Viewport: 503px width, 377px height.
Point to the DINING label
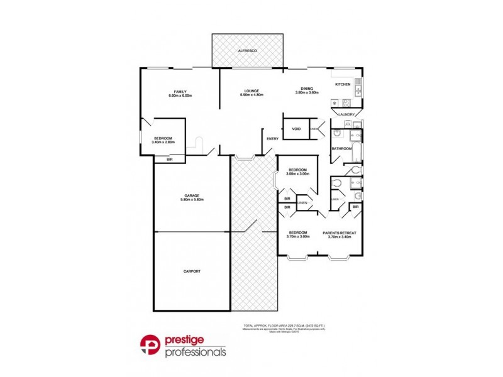(x=307, y=88)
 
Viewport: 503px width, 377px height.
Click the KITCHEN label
(x=342, y=84)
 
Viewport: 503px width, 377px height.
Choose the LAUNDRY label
(x=347, y=114)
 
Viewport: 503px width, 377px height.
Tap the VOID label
(x=296, y=129)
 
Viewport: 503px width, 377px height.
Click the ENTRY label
(x=272, y=139)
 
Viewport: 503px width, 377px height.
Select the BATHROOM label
(x=342, y=149)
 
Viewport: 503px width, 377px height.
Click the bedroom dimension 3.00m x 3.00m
(x=297, y=174)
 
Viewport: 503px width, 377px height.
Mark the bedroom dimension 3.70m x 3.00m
(x=297, y=237)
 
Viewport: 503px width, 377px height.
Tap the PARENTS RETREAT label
(x=340, y=232)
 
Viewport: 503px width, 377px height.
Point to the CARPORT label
(x=192, y=271)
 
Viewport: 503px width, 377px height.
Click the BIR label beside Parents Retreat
(x=355, y=207)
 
